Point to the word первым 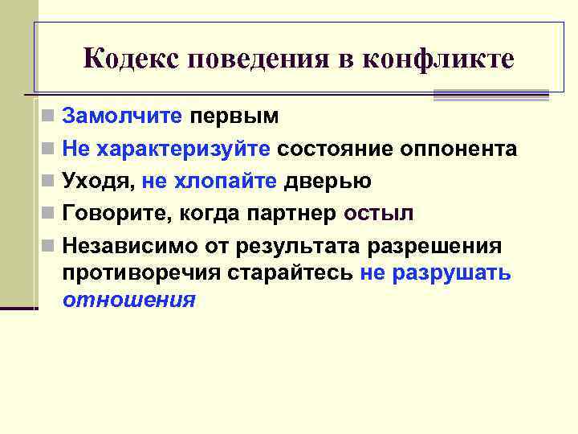point(234,117)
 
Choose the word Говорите point(112,214)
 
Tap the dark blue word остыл point(378,214)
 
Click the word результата point(285,245)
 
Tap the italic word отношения point(128,300)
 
